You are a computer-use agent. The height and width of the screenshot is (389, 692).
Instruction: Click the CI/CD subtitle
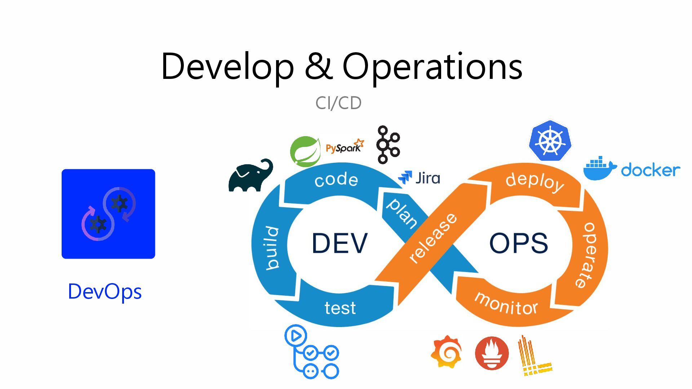[338, 103]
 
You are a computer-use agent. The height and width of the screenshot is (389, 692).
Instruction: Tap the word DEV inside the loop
[340, 243]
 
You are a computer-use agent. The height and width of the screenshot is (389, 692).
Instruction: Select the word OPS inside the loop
[519, 243]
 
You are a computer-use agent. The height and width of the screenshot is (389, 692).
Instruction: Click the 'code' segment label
[336, 180]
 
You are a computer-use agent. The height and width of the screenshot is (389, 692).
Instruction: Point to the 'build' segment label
[272, 248]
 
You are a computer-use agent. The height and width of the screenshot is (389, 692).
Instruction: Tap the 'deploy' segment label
[535, 182]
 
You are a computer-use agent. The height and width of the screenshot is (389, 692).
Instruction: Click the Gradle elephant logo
[250, 175]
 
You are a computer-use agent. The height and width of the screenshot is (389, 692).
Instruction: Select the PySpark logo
[345, 147]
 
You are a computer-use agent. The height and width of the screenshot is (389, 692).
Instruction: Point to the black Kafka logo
[387, 145]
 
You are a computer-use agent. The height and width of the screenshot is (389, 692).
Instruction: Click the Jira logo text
[427, 178]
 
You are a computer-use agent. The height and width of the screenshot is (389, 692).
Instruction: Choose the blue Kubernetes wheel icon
[550, 141]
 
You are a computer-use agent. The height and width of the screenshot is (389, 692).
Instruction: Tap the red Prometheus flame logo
[492, 353]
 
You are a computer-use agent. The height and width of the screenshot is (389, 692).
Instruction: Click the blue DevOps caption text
[105, 292]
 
